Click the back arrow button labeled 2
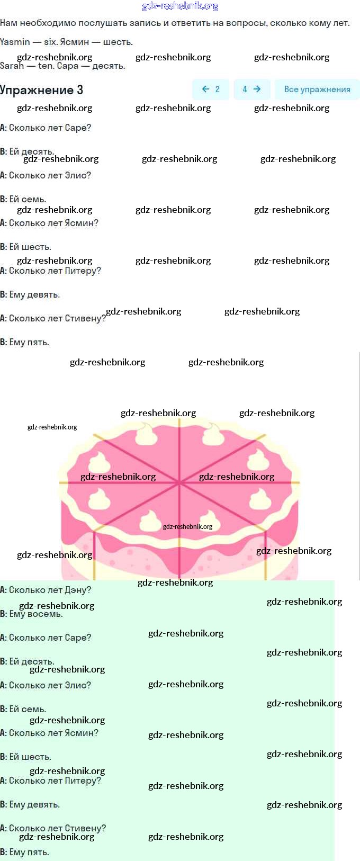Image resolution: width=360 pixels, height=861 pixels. click(210, 89)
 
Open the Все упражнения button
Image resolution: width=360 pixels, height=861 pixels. click(317, 89)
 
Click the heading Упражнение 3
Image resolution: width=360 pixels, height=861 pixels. click(42, 90)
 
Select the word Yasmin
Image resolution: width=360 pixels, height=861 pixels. click(15, 42)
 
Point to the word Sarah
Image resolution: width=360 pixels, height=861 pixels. click(12, 66)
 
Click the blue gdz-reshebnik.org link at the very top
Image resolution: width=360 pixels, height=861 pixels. click(180, 6)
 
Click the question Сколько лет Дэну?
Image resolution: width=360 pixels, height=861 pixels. click(49, 590)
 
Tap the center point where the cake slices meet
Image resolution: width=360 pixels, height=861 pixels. click(179, 482)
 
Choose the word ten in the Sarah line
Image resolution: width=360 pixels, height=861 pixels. click(46, 66)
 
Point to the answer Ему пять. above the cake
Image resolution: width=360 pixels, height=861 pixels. click(29, 342)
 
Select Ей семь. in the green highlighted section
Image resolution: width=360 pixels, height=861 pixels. click(28, 709)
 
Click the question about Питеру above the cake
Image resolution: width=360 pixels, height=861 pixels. click(54, 271)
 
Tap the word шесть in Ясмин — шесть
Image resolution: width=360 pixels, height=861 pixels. click(118, 42)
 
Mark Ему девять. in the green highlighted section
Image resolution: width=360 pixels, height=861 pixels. click(34, 804)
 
